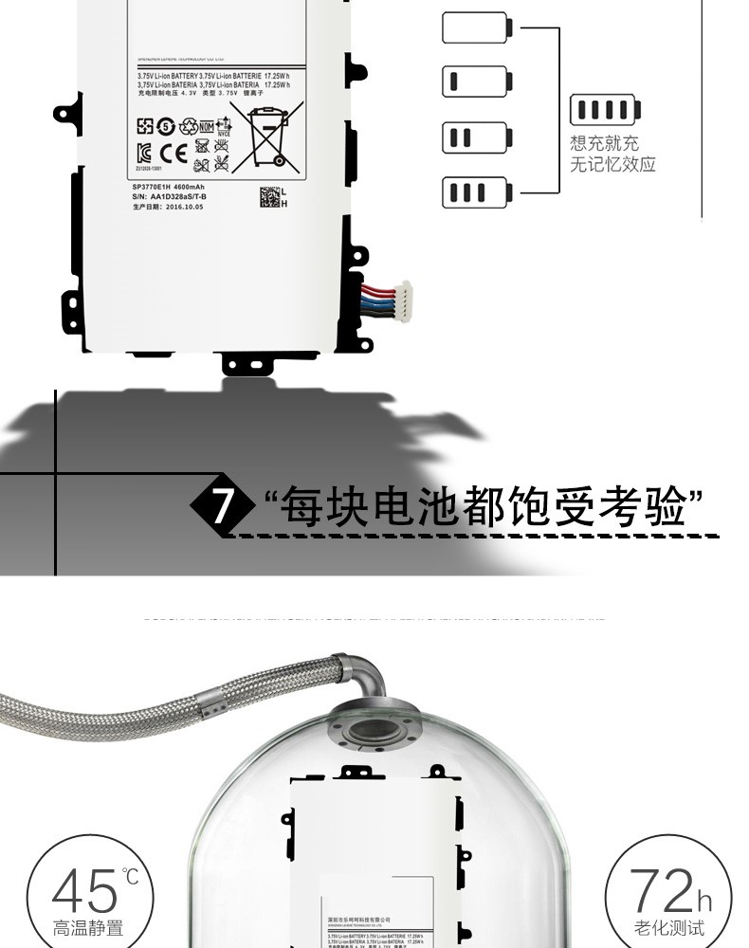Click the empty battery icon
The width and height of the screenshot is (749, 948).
tap(476, 28)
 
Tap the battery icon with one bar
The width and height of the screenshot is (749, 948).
tap(476, 82)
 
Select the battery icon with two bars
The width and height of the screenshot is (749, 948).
tap(476, 138)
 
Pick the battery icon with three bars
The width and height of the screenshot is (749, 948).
tap(476, 192)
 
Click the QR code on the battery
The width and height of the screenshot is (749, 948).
tap(269, 197)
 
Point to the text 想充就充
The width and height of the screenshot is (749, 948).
tap(605, 144)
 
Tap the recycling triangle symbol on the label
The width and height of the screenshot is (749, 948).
tap(188, 126)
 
